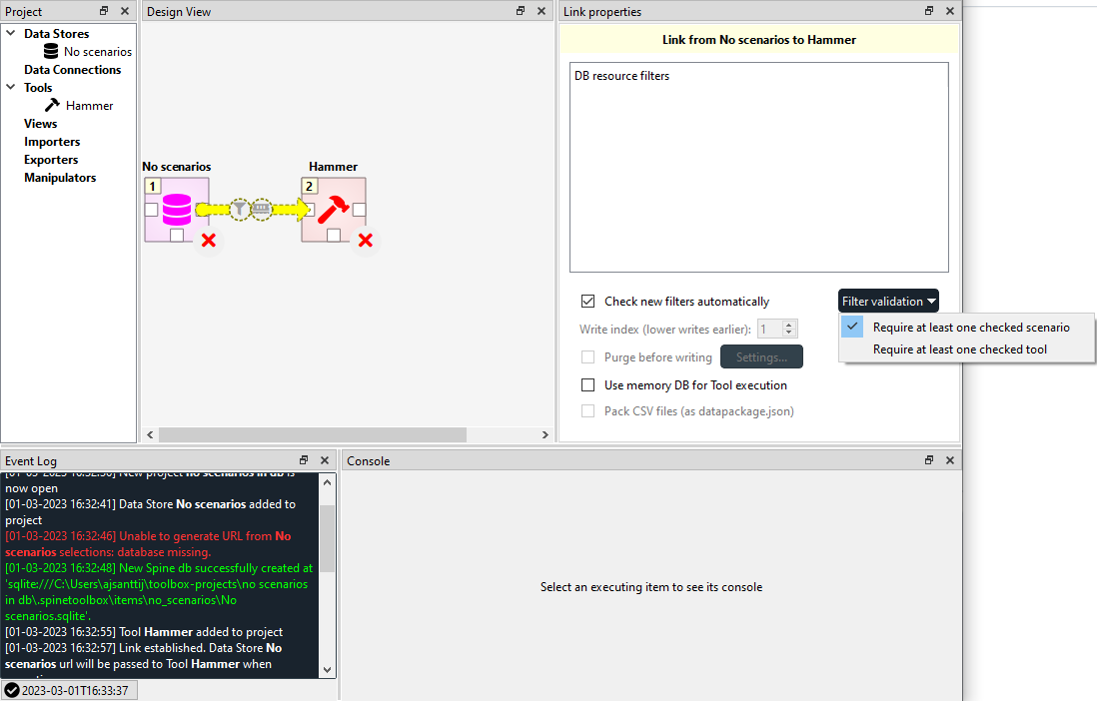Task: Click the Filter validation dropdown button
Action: tap(889, 302)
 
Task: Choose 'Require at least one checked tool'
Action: tap(959, 350)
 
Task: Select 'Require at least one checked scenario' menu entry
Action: tap(970, 328)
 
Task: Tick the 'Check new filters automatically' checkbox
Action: tap(588, 302)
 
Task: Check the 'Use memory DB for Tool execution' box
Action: tap(588, 385)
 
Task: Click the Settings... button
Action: tap(761, 356)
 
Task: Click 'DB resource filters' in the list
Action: tap(621, 76)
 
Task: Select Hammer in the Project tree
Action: tap(89, 106)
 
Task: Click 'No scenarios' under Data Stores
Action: tap(97, 52)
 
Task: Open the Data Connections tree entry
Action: tap(72, 70)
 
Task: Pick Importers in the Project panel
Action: tap(52, 142)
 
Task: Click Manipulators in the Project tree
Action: tap(60, 178)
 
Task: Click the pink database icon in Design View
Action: tap(177, 209)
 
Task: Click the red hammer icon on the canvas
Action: tap(333, 209)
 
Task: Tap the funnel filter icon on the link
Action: tap(239, 210)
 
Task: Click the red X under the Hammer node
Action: tap(366, 240)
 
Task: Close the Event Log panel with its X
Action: tap(325, 460)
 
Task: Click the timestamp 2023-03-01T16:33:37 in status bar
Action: tap(74, 690)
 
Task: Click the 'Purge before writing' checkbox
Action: tap(588, 357)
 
